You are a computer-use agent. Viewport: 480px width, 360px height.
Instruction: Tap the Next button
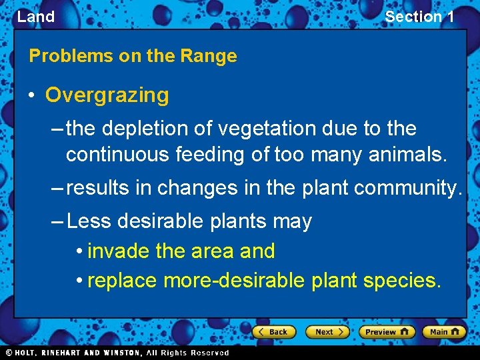pos(327,331)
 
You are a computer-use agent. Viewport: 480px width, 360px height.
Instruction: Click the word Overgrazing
pos(107,95)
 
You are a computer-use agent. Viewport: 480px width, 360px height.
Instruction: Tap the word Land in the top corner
pos(35,17)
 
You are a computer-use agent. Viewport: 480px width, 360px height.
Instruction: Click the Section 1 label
pos(419,17)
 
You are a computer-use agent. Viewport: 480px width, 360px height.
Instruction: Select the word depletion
pos(144,129)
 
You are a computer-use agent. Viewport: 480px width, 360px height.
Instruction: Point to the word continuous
pos(117,155)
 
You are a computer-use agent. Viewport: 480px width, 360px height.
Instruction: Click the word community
pos(407,189)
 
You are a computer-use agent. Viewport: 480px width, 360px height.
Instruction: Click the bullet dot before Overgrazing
pos(31,95)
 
